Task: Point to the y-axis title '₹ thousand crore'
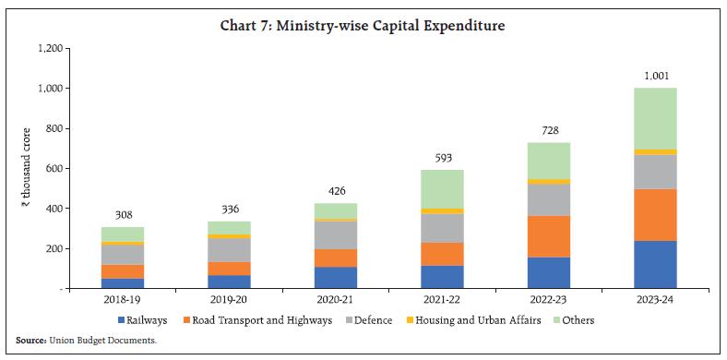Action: coord(27,168)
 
